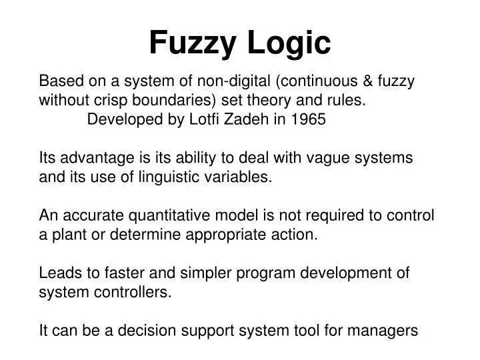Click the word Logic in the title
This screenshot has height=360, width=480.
(x=289, y=44)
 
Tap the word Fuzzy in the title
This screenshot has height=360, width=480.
(x=194, y=44)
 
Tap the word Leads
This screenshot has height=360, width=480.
(x=59, y=273)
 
